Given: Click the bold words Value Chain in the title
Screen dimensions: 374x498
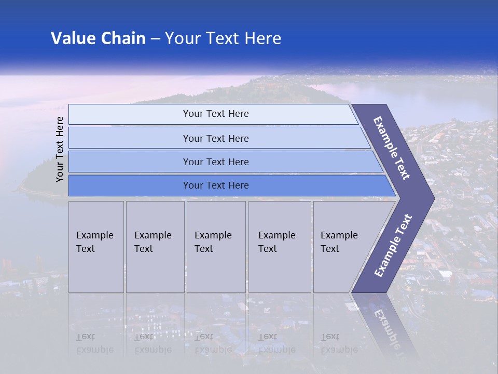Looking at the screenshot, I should [x=98, y=38].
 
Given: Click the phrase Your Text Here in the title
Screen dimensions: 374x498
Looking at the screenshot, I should [x=223, y=38].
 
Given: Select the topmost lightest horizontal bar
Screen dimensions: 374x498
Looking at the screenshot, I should [x=130, y=114].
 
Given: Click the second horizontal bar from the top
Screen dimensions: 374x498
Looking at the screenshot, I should [x=130, y=138].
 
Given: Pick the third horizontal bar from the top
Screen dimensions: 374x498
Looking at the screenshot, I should [x=130, y=162].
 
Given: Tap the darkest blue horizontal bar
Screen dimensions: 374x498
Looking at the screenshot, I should [x=130, y=185].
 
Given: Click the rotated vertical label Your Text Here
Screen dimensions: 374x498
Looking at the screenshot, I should [x=60, y=149].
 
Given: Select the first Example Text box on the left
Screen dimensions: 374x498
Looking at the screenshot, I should [x=96, y=247].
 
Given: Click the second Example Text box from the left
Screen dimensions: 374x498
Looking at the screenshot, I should [x=155, y=247].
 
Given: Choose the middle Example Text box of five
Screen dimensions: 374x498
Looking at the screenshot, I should [x=216, y=247].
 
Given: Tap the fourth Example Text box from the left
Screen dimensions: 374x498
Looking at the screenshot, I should [x=279, y=247].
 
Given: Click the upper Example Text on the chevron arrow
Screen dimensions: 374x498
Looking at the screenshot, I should [x=392, y=148].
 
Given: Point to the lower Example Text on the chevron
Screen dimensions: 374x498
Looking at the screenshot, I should [x=393, y=245].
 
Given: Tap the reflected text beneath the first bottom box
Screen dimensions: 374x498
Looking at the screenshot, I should [x=94, y=343].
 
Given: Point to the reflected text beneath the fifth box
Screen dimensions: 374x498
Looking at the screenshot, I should [x=339, y=343].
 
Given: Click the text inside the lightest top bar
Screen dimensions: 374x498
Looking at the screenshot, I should [x=216, y=114].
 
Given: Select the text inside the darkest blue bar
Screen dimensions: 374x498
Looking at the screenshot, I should [x=216, y=185].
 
